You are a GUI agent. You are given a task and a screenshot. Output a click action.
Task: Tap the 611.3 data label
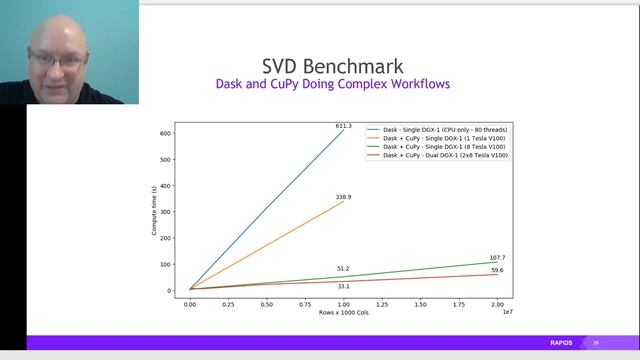click(343, 126)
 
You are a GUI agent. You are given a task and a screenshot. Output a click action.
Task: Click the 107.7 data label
click(497, 258)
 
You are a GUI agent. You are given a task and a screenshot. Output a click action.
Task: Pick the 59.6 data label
click(497, 270)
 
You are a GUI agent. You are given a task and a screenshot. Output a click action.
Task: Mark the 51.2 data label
click(343, 269)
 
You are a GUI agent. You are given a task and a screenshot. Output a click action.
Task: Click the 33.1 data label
click(343, 287)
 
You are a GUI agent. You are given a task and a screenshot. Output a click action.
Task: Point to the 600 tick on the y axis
click(168, 133)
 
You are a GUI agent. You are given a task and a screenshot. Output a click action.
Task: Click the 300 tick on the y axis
click(168, 212)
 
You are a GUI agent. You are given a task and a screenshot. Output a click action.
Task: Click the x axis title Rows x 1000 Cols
click(343, 313)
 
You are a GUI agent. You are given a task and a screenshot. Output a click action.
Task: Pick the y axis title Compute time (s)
click(154, 211)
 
